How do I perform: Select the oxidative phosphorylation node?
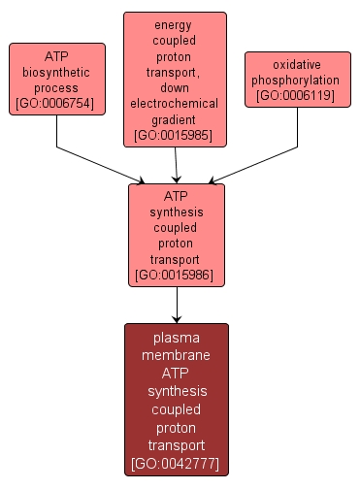(297, 79)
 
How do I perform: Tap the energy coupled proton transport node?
(176, 79)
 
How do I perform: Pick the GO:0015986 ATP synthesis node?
(177, 235)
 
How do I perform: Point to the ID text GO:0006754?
(57, 104)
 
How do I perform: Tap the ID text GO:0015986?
(177, 275)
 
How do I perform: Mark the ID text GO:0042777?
(177, 464)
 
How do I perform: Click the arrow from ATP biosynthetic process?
(97, 163)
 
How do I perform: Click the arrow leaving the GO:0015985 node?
(176, 165)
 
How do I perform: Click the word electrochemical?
(176, 103)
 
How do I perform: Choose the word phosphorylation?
(297, 80)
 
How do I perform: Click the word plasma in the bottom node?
(177, 338)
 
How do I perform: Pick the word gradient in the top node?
(176, 117)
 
